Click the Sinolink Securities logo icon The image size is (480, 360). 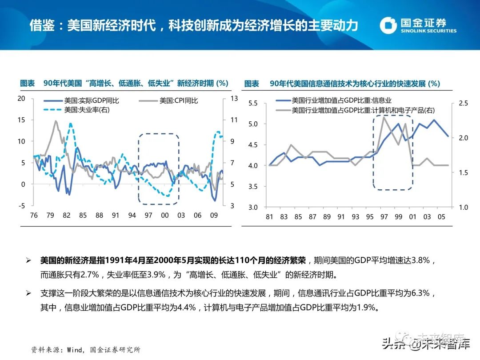coord(388,25)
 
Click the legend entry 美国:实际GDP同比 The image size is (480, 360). coord(81,101)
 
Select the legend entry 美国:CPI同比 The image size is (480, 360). coord(168,101)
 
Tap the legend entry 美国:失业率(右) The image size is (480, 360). coord(76,110)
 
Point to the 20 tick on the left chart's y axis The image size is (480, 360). coord(21,99)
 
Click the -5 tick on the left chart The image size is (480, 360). coord(21,206)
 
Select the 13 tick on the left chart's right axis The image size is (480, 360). coord(234,99)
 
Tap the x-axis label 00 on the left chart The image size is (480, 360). coord(165,216)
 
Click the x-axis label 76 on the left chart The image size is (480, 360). coord(34,216)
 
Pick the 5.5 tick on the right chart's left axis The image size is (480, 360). coord(253,103)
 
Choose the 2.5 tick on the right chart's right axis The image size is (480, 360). coord(464,103)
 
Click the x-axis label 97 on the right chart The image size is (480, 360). coord(384,217)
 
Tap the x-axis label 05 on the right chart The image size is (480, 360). coord(441,217)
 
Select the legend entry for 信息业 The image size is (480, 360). coord(334,100)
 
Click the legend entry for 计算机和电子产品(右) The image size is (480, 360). coord(355,110)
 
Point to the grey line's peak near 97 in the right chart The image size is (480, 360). coord(384,117)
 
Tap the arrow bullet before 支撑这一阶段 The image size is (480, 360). coord(28,293)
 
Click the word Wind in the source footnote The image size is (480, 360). coord(74,350)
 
